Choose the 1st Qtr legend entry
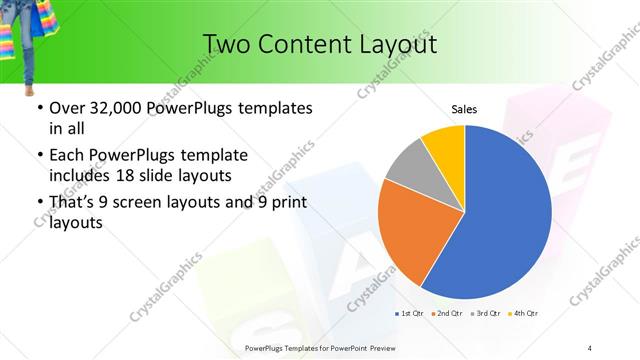pos(410,314)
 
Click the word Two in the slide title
pos(227,44)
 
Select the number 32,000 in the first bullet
pos(118,109)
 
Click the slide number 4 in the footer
pos(590,347)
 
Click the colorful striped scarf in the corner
pos(12,40)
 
